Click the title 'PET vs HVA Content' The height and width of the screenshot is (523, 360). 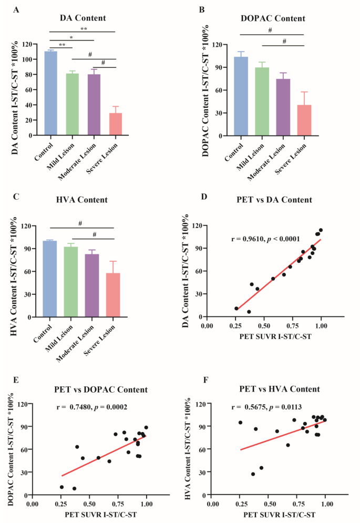pyautogui.click(x=274, y=389)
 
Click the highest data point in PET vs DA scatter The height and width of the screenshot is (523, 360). pyautogui.click(x=321, y=230)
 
